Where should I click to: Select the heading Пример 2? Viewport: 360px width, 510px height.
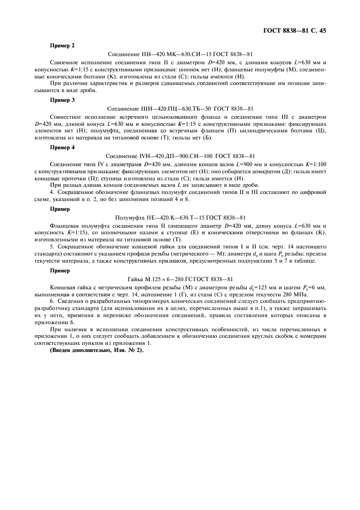click(x=62, y=46)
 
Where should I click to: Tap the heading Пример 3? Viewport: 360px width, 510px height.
click(x=62, y=100)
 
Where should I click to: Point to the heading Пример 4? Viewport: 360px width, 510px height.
click(x=62, y=147)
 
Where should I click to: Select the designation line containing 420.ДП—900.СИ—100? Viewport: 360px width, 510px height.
click(x=180, y=156)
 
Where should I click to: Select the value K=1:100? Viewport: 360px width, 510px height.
click(x=313, y=164)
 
